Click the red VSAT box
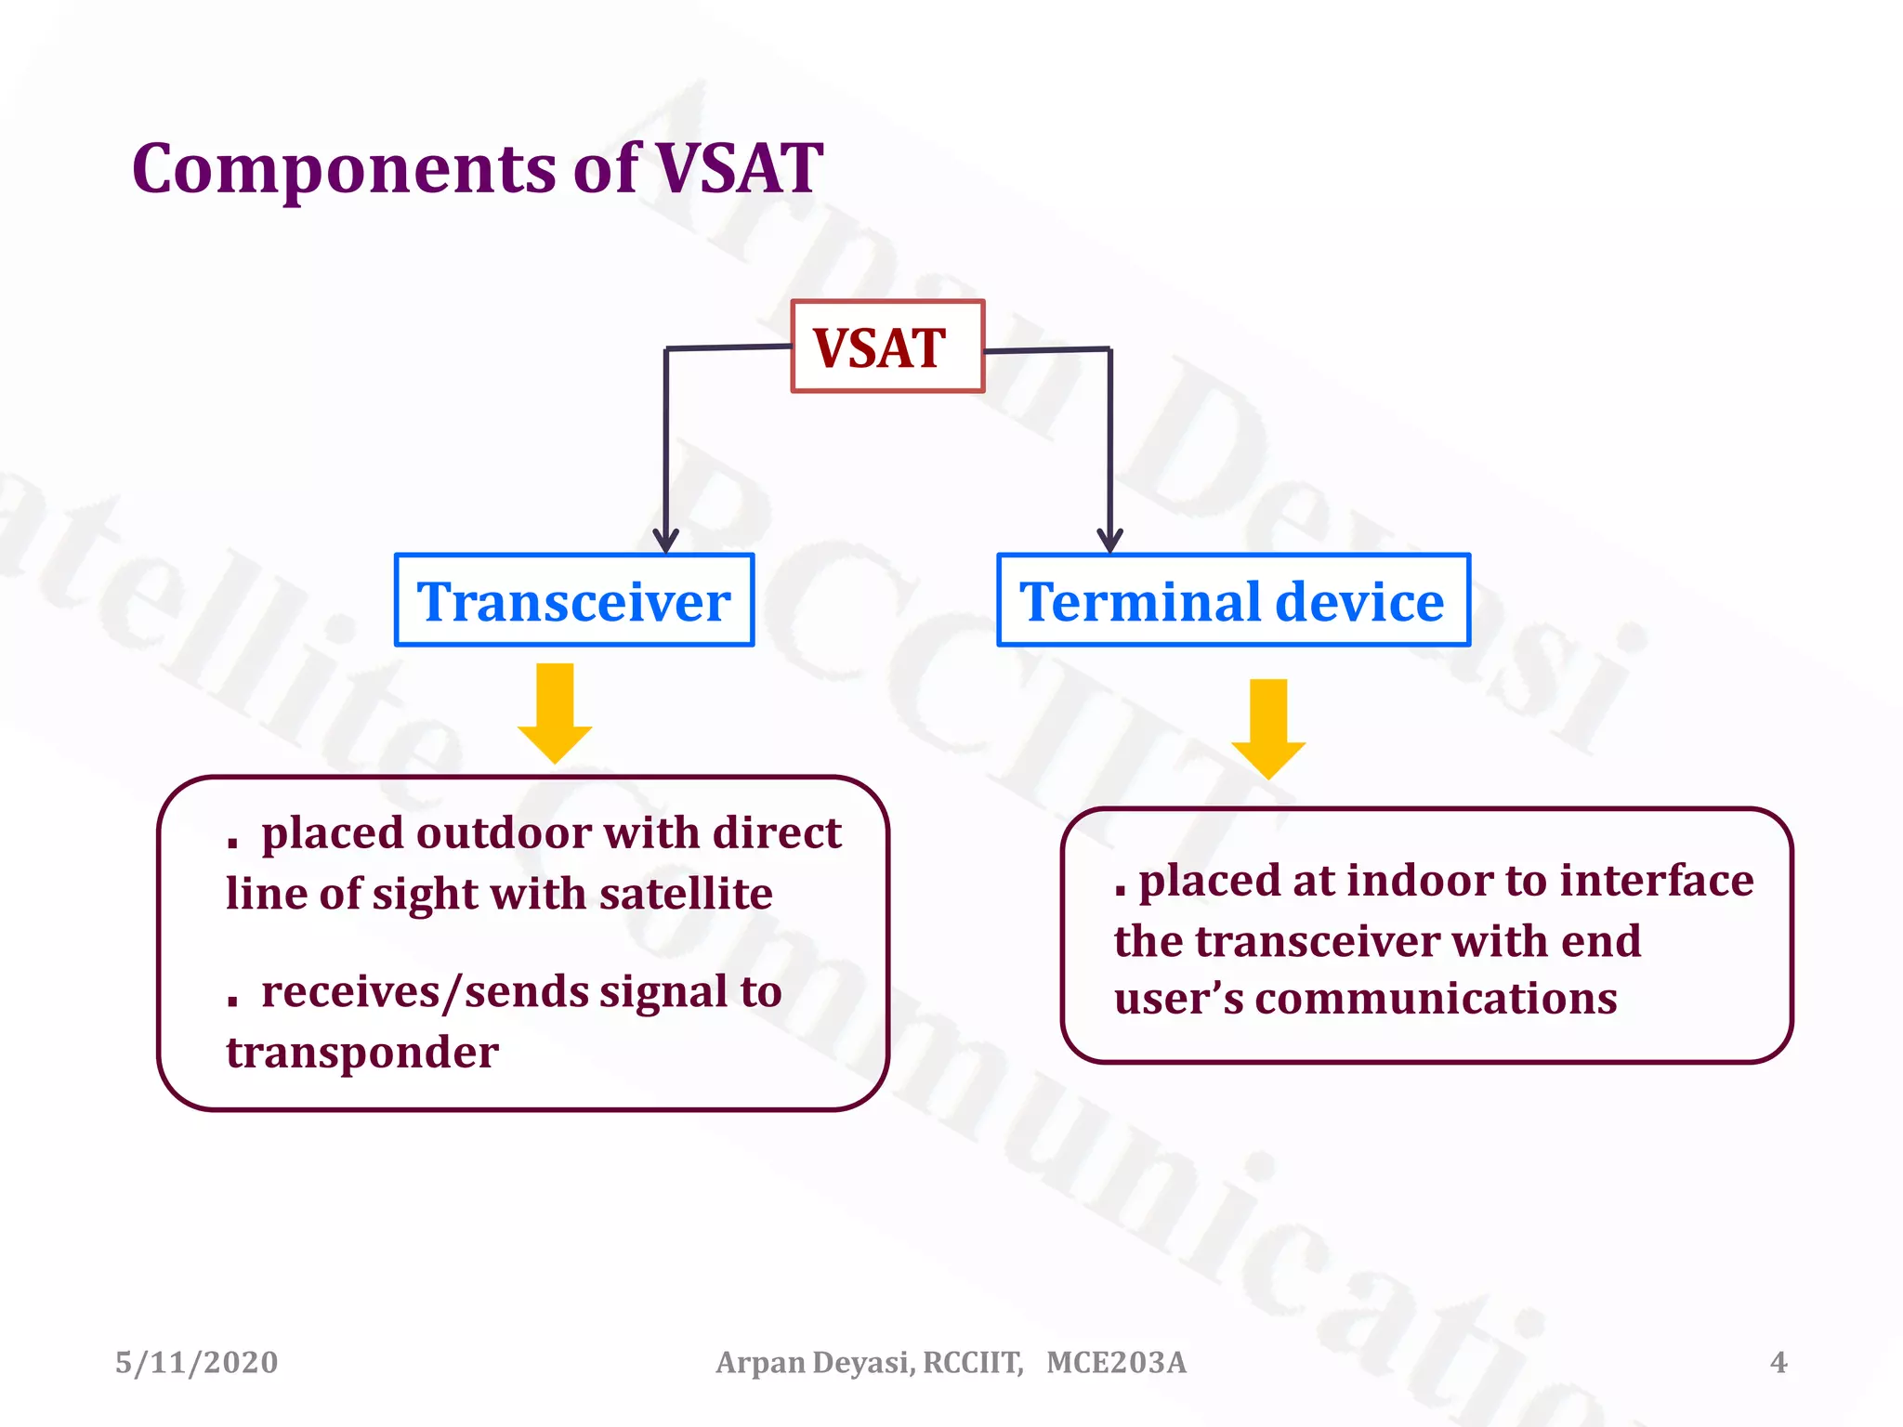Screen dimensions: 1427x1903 click(x=886, y=347)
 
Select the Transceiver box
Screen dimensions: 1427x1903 click(x=573, y=600)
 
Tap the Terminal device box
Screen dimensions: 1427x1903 click(x=1233, y=600)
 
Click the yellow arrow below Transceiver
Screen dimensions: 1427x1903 click(x=555, y=713)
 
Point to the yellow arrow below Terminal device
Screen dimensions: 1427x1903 click(x=1268, y=728)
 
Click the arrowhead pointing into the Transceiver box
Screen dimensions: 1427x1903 click(x=665, y=541)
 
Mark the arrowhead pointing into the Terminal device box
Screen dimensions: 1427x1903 click(x=1109, y=541)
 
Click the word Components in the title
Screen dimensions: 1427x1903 click(x=344, y=170)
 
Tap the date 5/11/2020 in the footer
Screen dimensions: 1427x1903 click(x=196, y=1362)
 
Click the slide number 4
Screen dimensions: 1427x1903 click(x=1778, y=1362)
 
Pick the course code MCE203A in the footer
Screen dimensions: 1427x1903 click(x=1116, y=1362)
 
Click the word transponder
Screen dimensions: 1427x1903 click(x=362, y=1054)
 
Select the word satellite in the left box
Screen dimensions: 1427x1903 click(x=686, y=894)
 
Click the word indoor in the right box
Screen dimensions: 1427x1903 click(x=1421, y=880)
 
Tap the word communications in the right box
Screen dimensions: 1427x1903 click(x=1436, y=999)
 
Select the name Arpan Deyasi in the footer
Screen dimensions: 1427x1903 click(x=814, y=1362)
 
